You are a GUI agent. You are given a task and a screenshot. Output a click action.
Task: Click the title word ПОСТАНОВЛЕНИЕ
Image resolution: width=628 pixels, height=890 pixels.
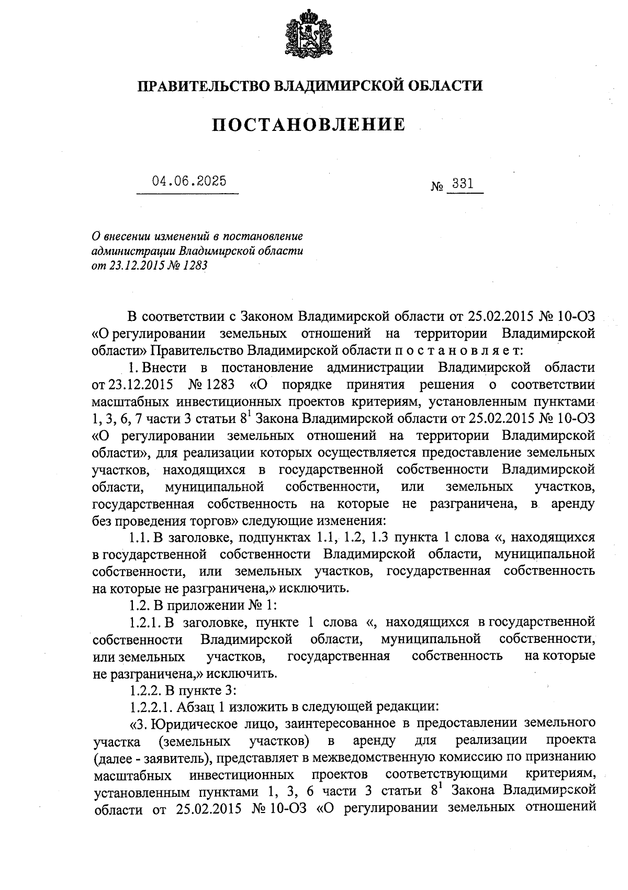pyautogui.click(x=309, y=125)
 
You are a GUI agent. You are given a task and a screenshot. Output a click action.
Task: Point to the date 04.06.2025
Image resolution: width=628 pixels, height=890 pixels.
pyautogui.click(x=189, y=181)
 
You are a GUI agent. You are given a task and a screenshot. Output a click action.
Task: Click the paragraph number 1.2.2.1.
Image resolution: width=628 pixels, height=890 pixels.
pyautogui.click(x=150, y=706)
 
